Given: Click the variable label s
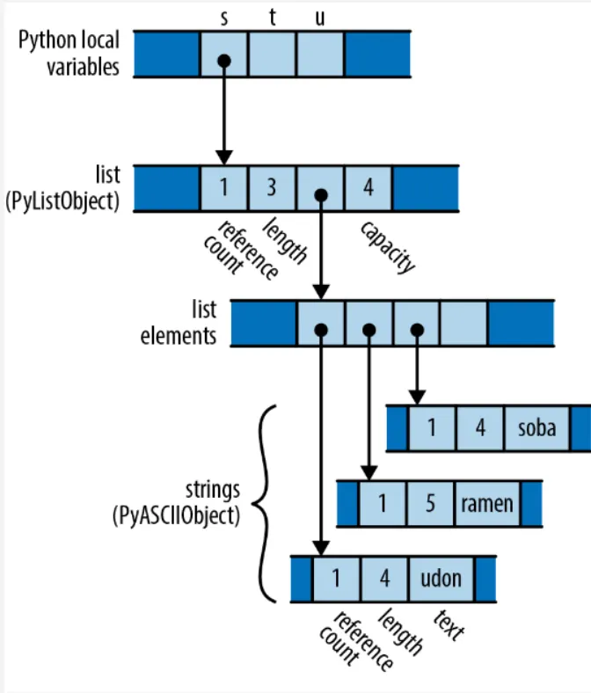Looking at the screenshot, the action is (x=224, y=18).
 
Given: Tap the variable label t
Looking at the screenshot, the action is (x=273, y=18).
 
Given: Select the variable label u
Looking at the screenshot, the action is (x=320, y=18).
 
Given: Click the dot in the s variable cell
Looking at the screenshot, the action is (x=224, y=61).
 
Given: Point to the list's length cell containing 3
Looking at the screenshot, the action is (x=272, y=188).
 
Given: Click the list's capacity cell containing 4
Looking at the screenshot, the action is (x=368, y=188).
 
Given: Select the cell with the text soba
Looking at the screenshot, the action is (x=536, y=428).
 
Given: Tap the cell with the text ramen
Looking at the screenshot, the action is (x=487, y=503).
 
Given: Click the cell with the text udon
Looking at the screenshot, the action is (x=441, y=579).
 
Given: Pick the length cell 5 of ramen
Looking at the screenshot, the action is (x=430, y=503).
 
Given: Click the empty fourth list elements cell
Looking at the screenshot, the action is (x=464, y=324).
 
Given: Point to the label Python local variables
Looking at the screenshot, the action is (x=69, y=53).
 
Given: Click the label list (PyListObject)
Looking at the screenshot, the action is (x=62, y=188).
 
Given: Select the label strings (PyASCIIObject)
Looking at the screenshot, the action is (x=176, y=503).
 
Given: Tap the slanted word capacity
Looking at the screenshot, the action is (x=388, y=246).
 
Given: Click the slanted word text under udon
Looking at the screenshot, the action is (x=449, y=625).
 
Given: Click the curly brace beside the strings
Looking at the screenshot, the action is (x=264, y=503).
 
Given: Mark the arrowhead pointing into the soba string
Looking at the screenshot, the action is (x=417, y=398).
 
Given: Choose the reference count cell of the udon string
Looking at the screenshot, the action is (x=336, y=579).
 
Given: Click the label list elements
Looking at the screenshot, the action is (x=179, y=323).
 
